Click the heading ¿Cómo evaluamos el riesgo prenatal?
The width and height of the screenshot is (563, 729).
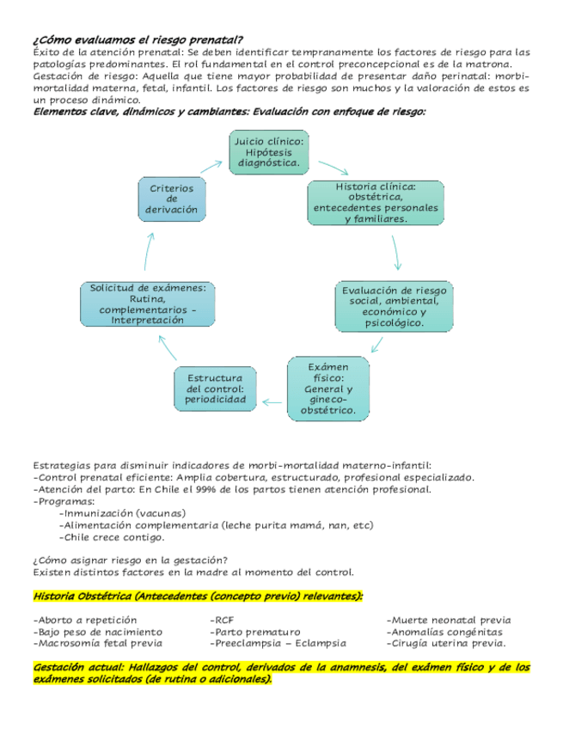click(137, 40)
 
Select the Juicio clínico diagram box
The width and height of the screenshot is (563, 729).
click(268, 151)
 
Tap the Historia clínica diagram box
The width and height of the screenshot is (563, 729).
click(376, 202)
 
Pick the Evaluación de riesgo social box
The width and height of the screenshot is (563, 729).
click(395, 306)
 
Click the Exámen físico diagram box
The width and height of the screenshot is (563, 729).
click(328, 389)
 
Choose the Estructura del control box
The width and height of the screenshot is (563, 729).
click(216, 389)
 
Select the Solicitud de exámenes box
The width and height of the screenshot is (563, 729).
click(148, 303)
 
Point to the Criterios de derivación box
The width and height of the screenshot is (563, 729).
click(172, 199)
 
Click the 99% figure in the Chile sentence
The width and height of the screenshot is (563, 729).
click(226, 489)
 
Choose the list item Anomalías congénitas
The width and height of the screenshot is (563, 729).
click(445, 631)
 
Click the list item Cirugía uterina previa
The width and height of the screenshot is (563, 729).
click(447, 642)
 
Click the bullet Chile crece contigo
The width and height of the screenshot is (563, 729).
click(112, 537)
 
